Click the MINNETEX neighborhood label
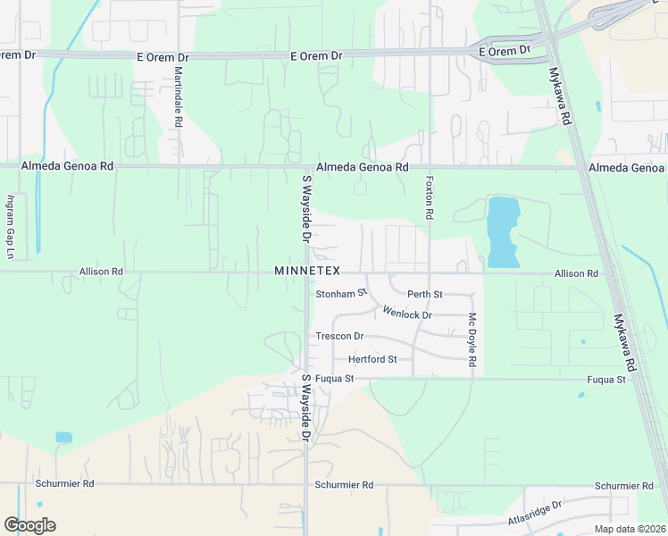pos(307,271)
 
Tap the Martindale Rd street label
pos(179,96)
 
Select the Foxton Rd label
pos(430,197)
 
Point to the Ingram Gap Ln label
pos(12,227)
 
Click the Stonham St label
pos(341,293)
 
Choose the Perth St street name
pos(425,294)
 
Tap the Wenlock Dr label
pos(407,314)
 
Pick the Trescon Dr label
pos(339,337)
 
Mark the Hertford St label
pos(372,359)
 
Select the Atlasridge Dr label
pos(535,511)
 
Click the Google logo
pos(29,524)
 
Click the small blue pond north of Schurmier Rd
pos(63,438)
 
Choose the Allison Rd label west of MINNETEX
pos(101,271)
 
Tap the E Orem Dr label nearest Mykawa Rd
pos(505,52)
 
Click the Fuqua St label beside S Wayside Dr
pos(335,379)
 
